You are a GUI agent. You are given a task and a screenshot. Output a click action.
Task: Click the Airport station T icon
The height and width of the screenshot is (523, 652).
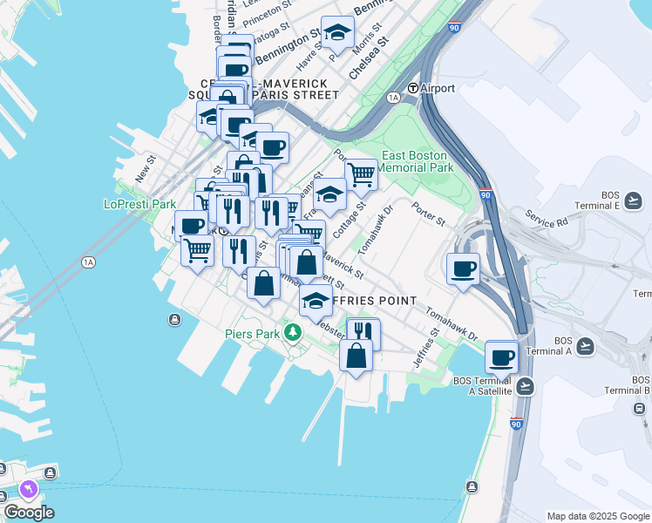point(413,88)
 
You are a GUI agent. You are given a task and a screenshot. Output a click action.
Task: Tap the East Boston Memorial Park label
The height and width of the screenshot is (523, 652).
point(418,161)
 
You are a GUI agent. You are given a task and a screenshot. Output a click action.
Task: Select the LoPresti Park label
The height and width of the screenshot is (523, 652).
point(139,204)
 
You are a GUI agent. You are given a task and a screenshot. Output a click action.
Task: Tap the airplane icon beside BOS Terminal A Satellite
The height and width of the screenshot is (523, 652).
point(524,385)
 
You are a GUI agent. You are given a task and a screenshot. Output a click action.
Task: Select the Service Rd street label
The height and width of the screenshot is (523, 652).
point(546,219)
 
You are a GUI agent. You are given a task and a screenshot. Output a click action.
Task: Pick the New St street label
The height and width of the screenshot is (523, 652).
point(144,169)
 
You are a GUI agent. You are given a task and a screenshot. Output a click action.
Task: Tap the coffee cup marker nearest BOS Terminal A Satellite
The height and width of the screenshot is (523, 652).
point(502,357)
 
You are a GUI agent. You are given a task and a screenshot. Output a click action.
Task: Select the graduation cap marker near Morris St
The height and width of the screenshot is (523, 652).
point(337,33)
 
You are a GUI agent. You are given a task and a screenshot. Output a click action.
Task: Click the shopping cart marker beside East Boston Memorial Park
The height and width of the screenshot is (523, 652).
point(360,173)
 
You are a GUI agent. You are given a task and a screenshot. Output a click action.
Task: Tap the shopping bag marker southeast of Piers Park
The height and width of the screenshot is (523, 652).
point(356,356)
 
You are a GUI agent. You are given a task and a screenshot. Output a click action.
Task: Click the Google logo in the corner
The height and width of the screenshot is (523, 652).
point(29,513)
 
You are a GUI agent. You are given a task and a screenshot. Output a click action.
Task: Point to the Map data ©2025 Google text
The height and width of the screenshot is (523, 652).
point(597,516)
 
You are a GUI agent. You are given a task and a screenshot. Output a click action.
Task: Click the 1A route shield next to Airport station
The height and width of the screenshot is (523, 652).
point(393,98)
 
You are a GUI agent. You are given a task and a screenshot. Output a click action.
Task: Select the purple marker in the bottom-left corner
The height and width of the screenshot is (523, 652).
point(29,490)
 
